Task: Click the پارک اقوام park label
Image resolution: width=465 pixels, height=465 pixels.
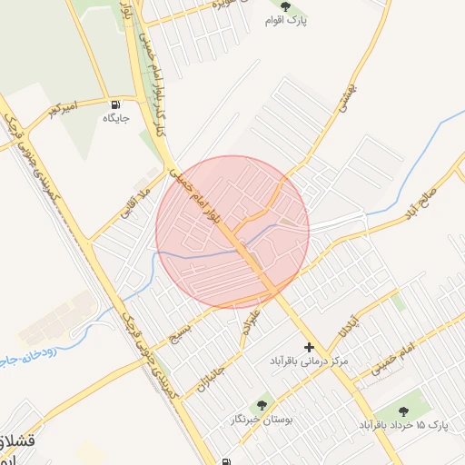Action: point(286,21)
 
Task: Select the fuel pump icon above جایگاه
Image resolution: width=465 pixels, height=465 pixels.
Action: point(115,104)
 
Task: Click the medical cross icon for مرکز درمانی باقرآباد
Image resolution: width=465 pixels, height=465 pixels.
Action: point(310,346)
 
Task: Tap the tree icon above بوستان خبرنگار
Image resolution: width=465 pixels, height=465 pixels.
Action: point(263,405)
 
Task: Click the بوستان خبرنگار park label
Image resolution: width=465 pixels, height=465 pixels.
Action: point(262,420)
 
